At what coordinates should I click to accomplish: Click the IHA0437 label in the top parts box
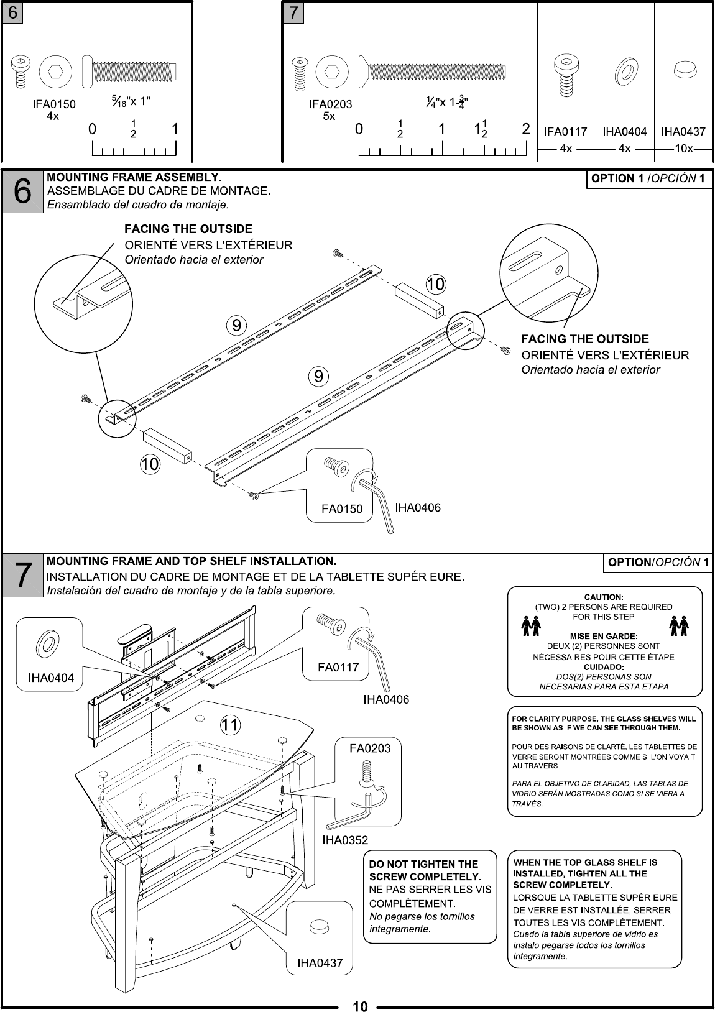point(683,131)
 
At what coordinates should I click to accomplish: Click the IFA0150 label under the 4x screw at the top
point(54,104)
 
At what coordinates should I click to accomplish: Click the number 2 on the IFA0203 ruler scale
point(526,130)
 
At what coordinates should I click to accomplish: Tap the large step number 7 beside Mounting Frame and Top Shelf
point(22,574)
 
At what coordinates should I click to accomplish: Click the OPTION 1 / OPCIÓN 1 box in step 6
point(649,179)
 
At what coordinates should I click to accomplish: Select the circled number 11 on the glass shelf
point(230,725)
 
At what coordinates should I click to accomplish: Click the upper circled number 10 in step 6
point(435,285)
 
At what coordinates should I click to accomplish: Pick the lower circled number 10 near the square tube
point(149,464)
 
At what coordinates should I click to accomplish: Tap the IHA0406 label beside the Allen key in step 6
point(418,508)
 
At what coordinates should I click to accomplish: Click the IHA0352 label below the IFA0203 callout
point(345,840)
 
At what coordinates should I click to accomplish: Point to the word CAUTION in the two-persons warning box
point(604,597)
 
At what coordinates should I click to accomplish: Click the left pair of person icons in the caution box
point(530,626)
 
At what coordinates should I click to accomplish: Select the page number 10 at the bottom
point(361,1006)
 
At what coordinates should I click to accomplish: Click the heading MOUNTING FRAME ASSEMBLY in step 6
point(135,177)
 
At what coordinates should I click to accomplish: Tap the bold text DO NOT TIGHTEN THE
point(423,864)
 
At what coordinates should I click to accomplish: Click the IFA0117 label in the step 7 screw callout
point(337,667)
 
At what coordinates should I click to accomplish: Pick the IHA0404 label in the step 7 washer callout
point(51,678)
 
